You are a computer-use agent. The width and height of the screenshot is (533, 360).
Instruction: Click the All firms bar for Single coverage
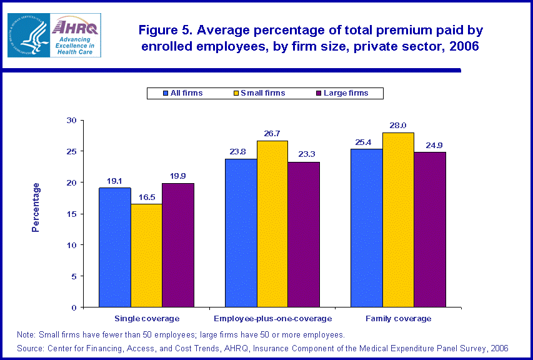(115, 247)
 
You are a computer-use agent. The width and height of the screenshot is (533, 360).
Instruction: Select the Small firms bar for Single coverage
(146, 256)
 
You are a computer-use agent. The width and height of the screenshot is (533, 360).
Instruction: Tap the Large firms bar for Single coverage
(178, 245)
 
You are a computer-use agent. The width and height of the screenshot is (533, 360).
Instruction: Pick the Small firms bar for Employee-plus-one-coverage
(272, 224)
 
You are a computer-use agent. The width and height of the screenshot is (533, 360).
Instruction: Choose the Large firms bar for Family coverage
(430, 229)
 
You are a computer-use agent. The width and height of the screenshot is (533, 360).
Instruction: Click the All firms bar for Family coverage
(367, 228)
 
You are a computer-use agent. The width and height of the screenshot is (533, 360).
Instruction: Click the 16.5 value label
(146, 197)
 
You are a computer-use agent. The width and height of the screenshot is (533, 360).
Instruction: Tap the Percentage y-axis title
(36, 207)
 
